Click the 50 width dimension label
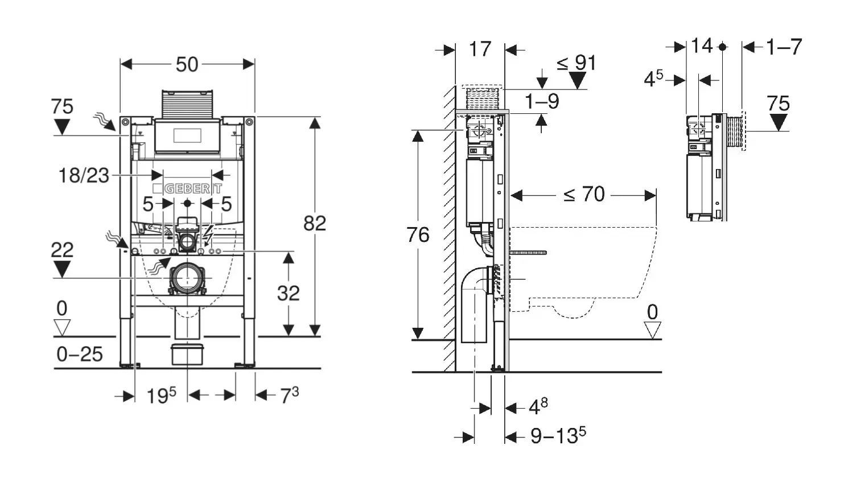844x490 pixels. (187, 64)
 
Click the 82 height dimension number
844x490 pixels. (314, 223)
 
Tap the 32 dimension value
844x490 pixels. (288, 293)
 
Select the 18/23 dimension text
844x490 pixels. (84, 175)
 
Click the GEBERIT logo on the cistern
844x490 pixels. (188, 188)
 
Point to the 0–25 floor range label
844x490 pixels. (80, 355)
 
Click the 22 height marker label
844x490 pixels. (62, 250)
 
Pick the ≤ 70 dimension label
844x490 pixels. (584, 195)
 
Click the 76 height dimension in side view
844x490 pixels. (418, 234)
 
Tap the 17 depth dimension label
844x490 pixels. (480, 49)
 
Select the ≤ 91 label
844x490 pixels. (576, 63)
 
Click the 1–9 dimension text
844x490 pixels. (542, 101)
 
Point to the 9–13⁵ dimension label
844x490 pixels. (558, 436)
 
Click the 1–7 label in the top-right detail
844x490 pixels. (784, 47)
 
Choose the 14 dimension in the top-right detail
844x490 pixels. (702, 46)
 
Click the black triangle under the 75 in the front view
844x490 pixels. (61, 126)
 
